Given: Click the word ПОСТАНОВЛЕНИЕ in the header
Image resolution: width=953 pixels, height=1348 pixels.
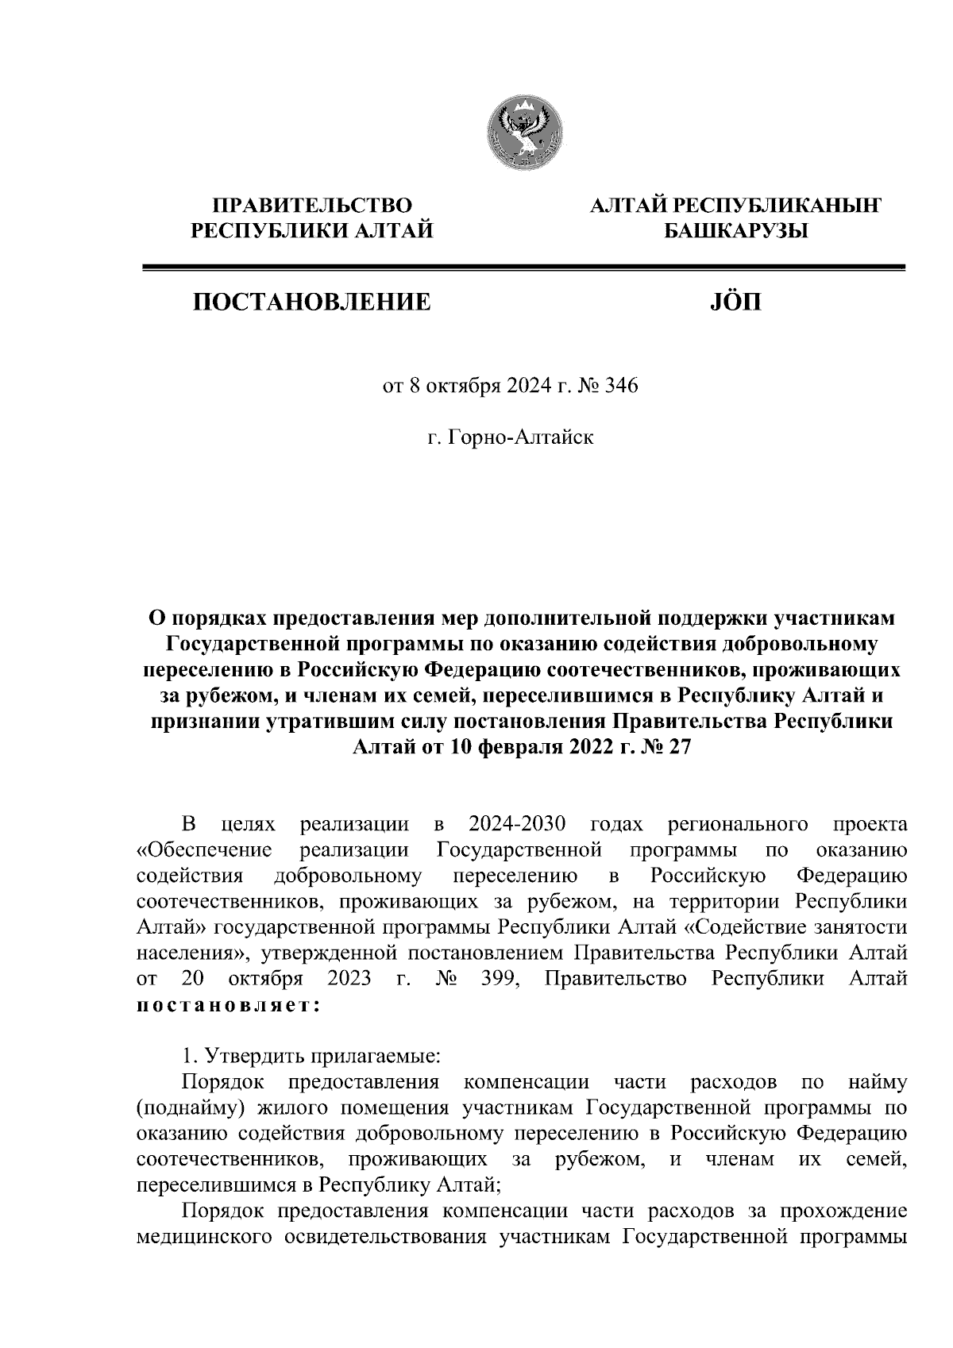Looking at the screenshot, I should point(310,302).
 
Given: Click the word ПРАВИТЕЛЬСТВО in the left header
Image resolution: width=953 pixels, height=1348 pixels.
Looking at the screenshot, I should point(311,206).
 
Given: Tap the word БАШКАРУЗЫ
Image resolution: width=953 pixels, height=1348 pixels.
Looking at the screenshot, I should point(735,232).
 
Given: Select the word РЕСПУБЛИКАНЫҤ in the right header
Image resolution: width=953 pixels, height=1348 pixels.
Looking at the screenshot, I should point(780,206).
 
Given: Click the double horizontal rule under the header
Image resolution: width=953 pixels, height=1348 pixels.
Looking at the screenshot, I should point(523,268).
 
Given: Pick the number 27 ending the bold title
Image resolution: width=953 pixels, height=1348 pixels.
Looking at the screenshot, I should point(680,747).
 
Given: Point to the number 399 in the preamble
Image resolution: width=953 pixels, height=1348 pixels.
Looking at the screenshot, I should point(500,978).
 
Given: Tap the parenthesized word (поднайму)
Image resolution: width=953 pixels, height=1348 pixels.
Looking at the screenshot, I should point(185,1107).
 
